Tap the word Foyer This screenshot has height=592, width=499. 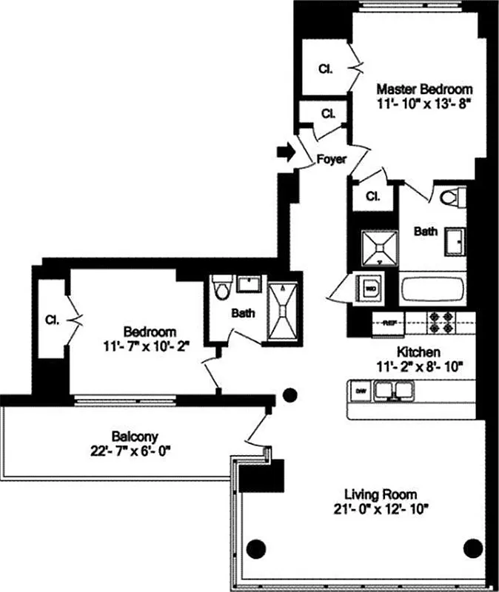(x=331, y=159)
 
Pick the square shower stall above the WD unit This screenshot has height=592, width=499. (x=378, y=247)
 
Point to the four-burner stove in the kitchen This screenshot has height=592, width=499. (x=443, y=323)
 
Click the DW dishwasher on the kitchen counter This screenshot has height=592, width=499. (x=361, y=390)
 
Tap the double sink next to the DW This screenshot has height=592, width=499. (x=393, y=390)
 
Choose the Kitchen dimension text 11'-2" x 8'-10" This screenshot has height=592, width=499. (x=408, y=365)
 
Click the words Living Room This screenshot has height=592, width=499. (x=381, y=494)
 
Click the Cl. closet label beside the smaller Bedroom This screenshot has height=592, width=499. (x=52, y=320)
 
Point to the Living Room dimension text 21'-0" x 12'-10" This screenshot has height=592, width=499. (x=381, y=508)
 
